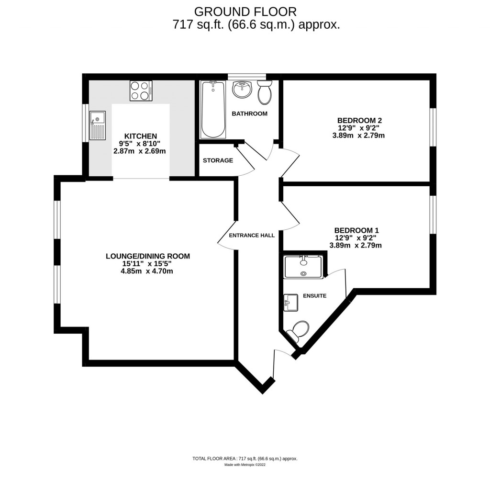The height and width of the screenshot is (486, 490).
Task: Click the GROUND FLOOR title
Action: click(x=245, y=11)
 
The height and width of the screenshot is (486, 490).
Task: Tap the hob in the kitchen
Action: click(x=141, y=90)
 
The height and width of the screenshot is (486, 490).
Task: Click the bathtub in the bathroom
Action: click(x=213, y=109)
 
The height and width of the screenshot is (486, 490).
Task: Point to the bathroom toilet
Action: click(x=264, y=93)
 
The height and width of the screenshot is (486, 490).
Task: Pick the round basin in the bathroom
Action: click(x=242, y=89)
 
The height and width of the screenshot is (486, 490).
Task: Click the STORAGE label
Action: click(x=218, y=160)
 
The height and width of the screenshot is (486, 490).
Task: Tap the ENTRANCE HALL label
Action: click(x=252, y=236)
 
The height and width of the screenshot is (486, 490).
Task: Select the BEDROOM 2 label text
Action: click(x=359, y=120)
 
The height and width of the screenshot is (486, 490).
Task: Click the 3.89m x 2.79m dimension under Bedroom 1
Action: click(x=355, y=246)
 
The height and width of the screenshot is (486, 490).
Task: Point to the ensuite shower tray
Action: click(x=303, y=267)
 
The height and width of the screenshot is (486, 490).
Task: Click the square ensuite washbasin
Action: click(x=291, y=303)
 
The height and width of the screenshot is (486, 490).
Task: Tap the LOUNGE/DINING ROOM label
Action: click(x=147, y=256)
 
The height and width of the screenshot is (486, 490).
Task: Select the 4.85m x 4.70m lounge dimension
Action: click(x=147, y=271)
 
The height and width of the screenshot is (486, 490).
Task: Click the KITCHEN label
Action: click(x=140, y=136)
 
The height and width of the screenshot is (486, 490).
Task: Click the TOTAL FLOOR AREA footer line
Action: click(x=245, y=459)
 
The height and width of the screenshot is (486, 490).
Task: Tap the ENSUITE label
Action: click(x=314, y=296)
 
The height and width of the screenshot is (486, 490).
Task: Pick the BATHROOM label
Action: click(x=249, y=113)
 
